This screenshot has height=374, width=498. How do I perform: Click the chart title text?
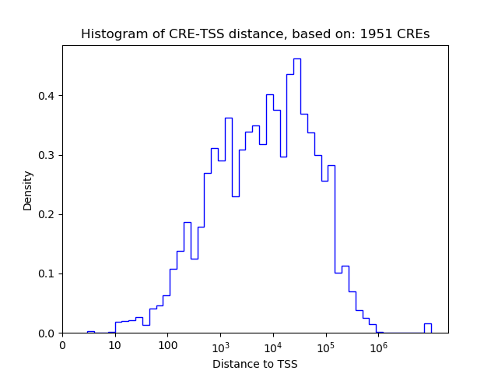coord(255,34)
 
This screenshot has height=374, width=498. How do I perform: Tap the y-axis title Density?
coord(28,190)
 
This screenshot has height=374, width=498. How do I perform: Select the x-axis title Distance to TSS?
coord(255,364)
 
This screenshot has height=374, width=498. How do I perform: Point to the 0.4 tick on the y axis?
coord(47,96)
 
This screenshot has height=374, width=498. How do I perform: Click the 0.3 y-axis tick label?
coord(47,155)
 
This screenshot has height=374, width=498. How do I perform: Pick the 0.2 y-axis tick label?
coord(47,214)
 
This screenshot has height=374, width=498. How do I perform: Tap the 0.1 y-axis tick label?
coord(47,273)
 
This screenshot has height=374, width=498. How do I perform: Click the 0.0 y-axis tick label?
coord(47,333)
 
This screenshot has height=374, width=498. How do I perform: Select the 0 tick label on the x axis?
coord(63,345)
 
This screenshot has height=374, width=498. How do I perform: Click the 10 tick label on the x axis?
coord(114,345)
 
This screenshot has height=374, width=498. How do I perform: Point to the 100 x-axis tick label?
coord(167,345)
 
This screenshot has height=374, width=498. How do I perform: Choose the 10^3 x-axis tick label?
coord(220,345)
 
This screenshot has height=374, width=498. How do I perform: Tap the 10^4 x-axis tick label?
coord(273,345)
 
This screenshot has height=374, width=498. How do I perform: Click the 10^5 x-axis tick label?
coord(325,345)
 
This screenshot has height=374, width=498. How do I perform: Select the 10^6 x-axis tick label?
coord(378,345)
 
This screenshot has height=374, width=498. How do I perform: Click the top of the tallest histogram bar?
coord(296,59)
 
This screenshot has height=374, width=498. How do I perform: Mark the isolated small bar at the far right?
coord(427,327)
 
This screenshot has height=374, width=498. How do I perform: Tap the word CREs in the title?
coord(414,34)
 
